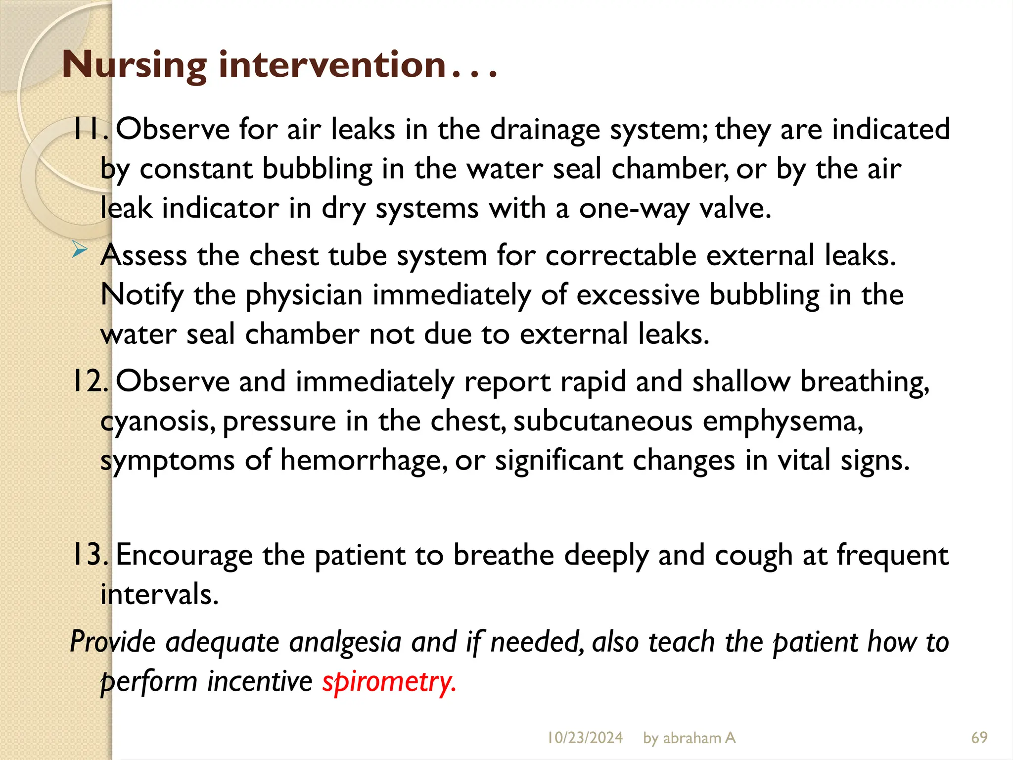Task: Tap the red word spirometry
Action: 389,681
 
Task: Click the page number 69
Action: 979,738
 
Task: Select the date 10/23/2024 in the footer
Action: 585,738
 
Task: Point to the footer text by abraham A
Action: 689,738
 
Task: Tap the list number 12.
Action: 89,381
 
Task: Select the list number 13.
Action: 89,555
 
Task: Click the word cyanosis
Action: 157,422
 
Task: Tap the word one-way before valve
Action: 634,208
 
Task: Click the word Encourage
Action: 184,556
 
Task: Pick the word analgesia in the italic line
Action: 345,642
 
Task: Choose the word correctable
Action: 621,256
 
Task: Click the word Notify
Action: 142,295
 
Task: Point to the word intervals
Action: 159,594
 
